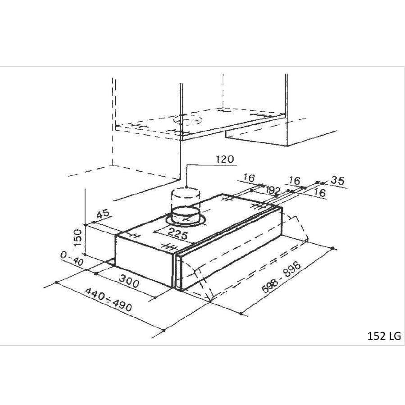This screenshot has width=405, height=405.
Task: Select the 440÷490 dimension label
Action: (x=109, y=300)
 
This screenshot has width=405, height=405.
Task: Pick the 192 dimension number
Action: (x=273, y=190)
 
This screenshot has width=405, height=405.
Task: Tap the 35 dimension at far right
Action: (x=337, y=181)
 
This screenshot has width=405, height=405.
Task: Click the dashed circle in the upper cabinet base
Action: (x=187, y=119)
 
